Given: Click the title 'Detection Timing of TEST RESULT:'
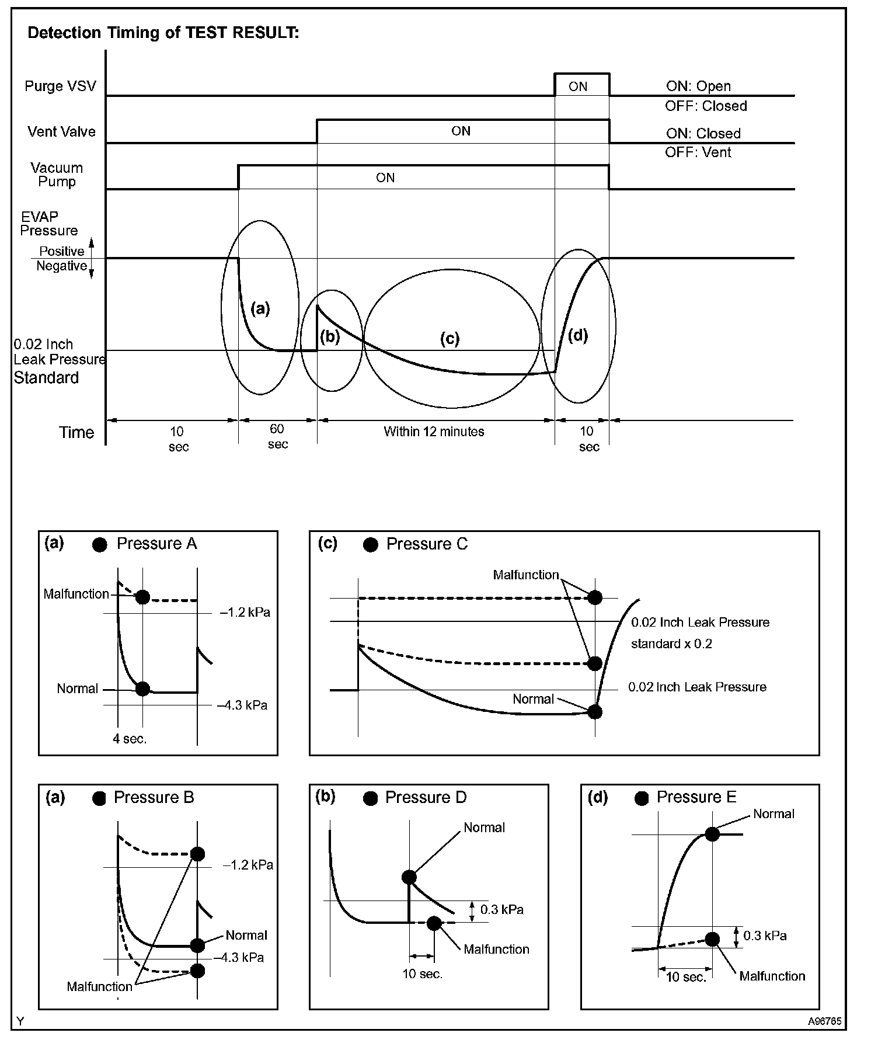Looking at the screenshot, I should [163, 33].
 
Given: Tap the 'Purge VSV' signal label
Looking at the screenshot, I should [60, 86].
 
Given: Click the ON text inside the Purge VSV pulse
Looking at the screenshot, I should [578, 87].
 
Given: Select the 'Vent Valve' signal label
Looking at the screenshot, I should [61, 131].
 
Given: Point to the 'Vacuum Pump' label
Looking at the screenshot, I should [57, 175].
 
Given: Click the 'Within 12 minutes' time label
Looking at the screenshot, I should [434, 432].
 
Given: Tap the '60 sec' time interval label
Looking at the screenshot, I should [277, 436].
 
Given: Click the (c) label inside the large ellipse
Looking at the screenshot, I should [450, 339].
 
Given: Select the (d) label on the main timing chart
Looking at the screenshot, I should [578, 335].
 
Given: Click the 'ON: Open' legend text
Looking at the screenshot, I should [698, 86].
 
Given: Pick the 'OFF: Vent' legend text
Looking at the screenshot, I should [698, 152].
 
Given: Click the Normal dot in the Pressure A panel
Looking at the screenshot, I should [142, 689].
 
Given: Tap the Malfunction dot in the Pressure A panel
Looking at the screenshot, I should [142, 597].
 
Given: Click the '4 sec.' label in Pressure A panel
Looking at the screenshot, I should [130, 739].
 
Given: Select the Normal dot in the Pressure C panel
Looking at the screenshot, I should [595, 712].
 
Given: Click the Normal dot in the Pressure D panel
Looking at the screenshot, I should [409, 877].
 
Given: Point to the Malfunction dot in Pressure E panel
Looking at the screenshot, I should [712, 939].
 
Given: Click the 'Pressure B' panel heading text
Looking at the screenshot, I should [154, 797].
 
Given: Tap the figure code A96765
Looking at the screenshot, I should [824, 1021].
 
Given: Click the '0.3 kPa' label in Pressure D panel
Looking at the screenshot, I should [501, 909].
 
